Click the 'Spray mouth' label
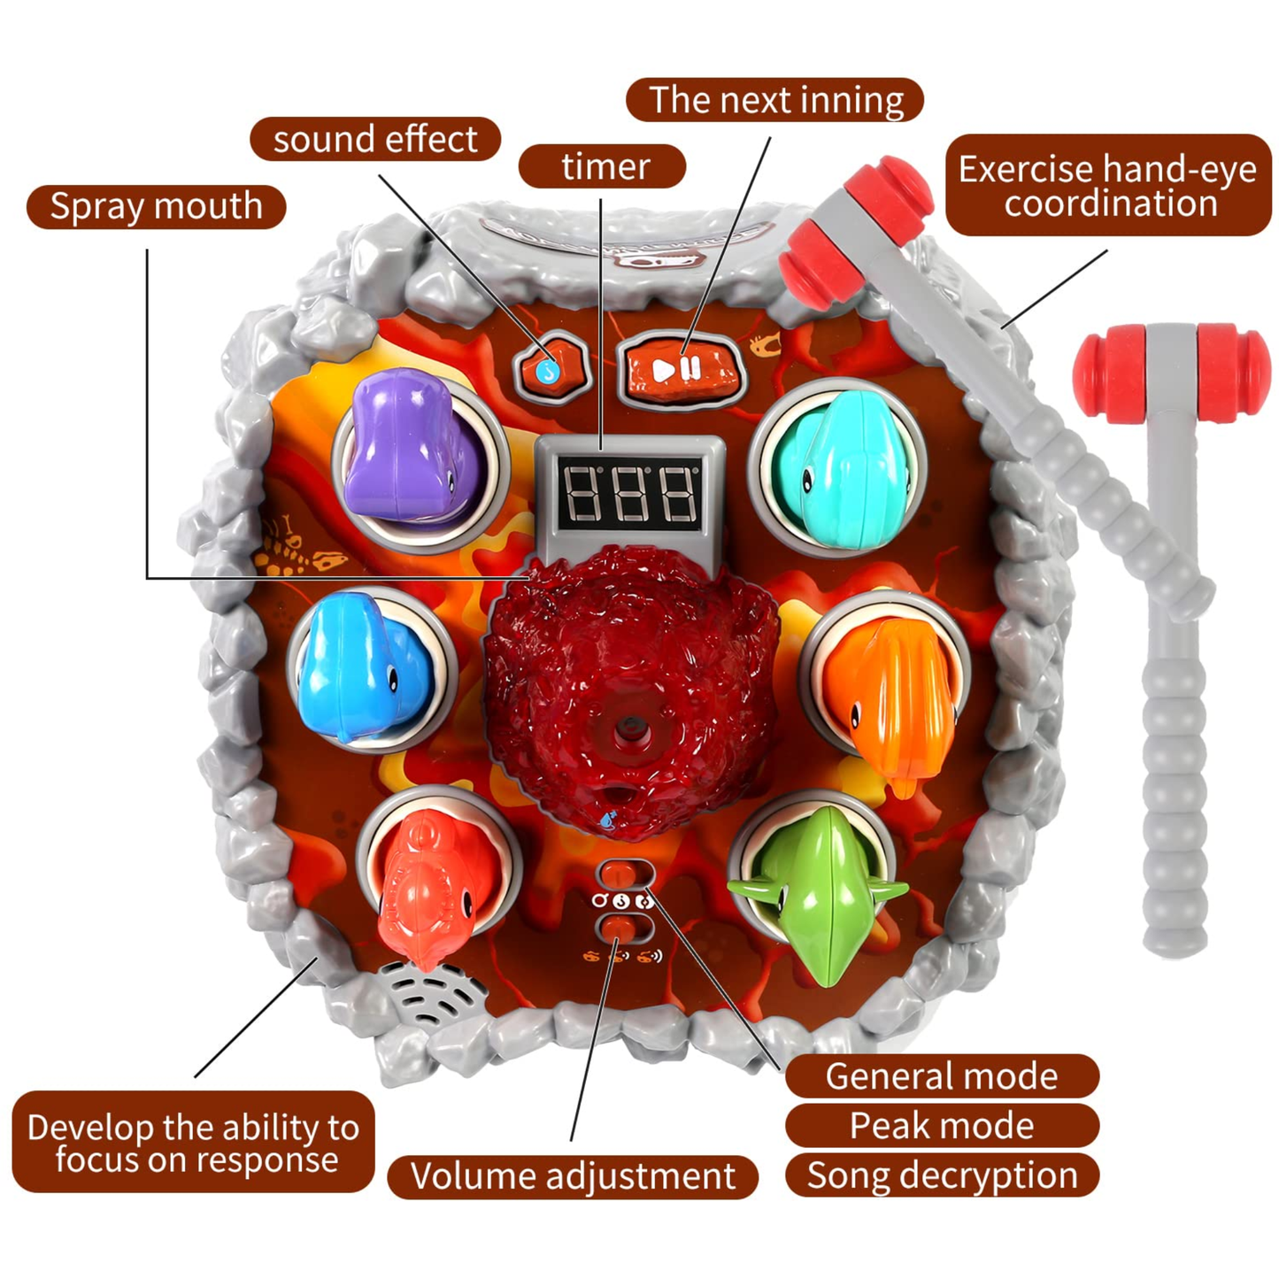tap(156, 206)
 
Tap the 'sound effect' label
tap(375, 139)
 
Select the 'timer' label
tap(601, 166)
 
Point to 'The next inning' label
tap(774, 99)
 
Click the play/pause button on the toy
tap(680, 369)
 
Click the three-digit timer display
tap(628, 494)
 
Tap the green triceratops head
tap(819, 893)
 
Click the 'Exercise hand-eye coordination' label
tap(1108, 186)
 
